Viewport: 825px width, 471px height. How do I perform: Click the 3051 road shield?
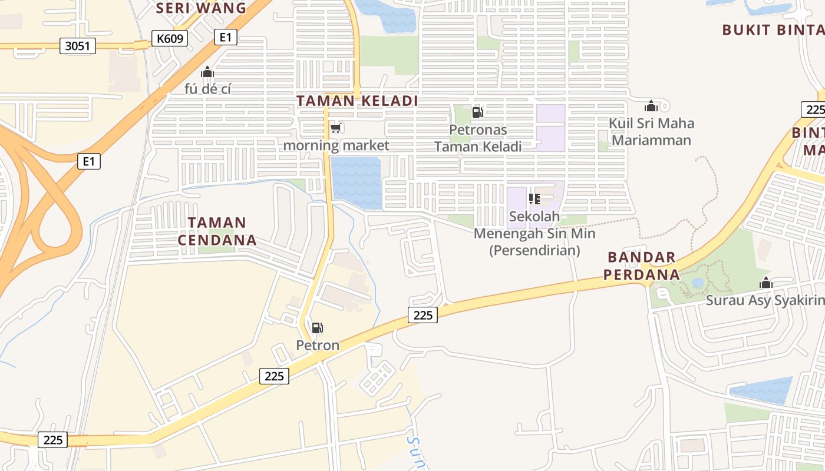[x=77, y=45]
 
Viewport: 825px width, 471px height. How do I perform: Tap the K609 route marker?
[x=169, y=39]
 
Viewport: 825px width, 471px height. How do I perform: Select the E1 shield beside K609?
[x=225, y=37]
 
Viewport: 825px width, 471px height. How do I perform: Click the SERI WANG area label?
[x=202, y=8]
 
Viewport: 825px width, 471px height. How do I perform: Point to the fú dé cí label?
[x=207, y=89]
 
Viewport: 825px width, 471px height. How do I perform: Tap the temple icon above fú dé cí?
[x=207, y=72]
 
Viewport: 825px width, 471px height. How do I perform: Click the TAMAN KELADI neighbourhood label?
[x=357, y=101]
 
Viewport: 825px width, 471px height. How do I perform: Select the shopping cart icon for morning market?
[x=335, y=128]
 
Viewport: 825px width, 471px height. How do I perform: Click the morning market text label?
[x=336, y=145]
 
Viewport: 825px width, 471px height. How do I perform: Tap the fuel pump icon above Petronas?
[x=477, y=112]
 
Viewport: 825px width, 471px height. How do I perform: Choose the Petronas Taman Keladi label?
[x=478, y=138]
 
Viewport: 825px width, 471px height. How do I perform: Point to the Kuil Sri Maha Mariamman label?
[x=651, y=131]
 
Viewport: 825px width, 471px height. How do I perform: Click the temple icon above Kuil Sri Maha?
[x=651, y=106]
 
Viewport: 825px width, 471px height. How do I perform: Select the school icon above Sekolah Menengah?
[x=534, y=199]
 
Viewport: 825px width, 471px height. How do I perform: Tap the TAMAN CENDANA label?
[x=217, y=231]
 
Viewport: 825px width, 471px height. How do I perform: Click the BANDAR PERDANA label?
[x=643, y=266]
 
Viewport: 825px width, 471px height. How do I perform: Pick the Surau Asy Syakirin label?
[x=765, y=301]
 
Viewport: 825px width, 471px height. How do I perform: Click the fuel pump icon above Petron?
[x=317, y=328]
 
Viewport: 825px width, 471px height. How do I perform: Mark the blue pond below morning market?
[x=356, y=181]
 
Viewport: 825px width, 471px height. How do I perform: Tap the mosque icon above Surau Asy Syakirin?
[x=765, y=283]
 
